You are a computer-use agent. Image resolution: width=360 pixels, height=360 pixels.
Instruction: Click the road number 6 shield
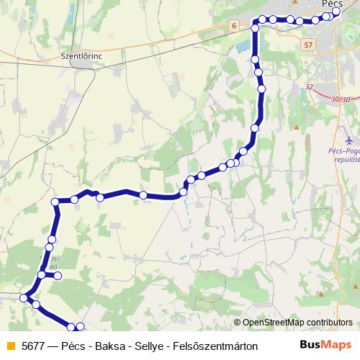pyautogui.click(x=234, y=26)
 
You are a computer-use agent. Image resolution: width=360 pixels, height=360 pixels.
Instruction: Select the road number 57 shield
pyautogui.click(x=309, y=45)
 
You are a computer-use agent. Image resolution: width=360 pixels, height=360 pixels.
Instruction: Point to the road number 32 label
pyautogui.click(x=310, y=86)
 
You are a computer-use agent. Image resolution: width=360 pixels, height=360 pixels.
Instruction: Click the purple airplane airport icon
pyautogui.click(x=350, y=138)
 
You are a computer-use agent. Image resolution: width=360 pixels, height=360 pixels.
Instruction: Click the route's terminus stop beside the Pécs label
pyautogui.click(x=336, y=12)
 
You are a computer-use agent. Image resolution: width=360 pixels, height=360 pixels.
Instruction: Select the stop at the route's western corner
pyautogui.click(x=56, y=202)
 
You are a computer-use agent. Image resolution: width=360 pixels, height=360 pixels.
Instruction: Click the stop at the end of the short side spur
pyautogui.click(x=58, y=276)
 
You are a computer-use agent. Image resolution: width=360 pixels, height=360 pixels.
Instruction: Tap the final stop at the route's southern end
pyautogui.click(x=80, y=328)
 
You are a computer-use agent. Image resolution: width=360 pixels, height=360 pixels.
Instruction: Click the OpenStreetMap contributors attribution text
pyautogui.click(x=297, y=322)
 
